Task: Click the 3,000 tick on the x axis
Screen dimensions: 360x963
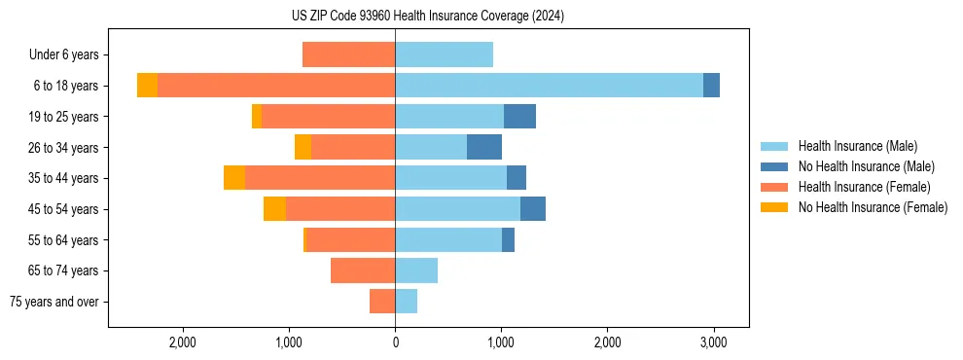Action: click(713, 342)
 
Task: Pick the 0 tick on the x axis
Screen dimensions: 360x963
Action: click(395, 342)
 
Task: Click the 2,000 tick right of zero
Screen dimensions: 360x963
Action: click(607, 342)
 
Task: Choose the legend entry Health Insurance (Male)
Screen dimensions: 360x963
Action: click(857, 146)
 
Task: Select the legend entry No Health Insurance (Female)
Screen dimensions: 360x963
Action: click(873, 207)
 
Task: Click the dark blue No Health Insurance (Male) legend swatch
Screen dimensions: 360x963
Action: click(773, 166)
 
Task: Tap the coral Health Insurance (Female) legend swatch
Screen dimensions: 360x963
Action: click(773, 187)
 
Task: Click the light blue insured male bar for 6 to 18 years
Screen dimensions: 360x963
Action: click(549, 86)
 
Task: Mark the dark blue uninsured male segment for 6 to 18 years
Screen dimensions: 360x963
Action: click(711, 86)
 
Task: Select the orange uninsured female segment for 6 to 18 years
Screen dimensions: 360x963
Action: click(147, 86)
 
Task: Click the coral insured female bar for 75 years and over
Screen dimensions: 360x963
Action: click(382, 302)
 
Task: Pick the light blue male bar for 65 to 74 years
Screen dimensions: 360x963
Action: click(416, 270)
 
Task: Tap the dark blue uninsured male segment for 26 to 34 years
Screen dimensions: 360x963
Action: click(484, 147)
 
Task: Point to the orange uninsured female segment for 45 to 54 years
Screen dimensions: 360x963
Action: click(274, 209)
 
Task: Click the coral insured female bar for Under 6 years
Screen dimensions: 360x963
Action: click(348, 54)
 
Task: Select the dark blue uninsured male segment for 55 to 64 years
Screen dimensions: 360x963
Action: click(508, 239)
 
